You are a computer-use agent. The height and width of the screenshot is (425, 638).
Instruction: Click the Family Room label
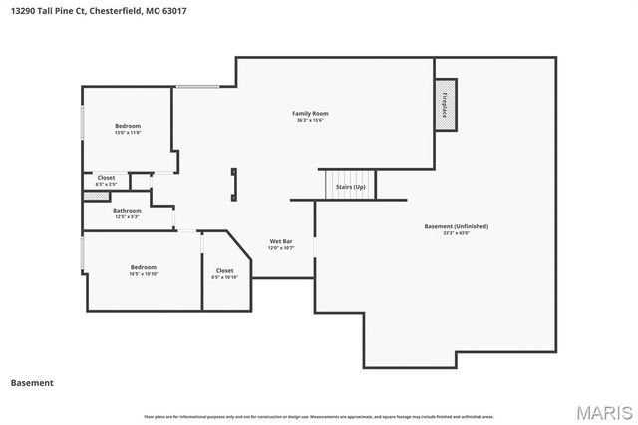tap(310, 114)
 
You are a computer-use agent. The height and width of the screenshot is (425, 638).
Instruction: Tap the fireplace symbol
tap(446, 103)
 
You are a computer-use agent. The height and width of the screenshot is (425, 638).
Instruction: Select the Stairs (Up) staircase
tap(350, 185)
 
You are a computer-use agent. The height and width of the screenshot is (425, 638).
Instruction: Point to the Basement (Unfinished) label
tap(456, 226)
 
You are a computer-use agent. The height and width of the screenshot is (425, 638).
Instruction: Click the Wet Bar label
tap(281, 241)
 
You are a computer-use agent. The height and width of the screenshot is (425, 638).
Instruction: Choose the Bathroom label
tap(127, 211)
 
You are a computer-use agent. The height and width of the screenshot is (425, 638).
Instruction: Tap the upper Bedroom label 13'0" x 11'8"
tap(128, 126)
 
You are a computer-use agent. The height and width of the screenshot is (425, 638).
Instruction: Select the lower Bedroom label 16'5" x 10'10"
tap(143, 267)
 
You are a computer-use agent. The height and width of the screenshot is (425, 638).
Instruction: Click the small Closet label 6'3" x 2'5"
tap(106, 178)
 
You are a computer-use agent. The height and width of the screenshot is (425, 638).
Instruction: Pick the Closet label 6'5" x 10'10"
tap(225, 270)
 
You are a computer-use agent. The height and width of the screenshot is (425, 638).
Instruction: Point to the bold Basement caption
tap(32, 383)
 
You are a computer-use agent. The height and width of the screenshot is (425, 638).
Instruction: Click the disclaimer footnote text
tap(319, 416)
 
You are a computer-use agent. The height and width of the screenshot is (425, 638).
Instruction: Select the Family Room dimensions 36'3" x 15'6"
tap(310, 120)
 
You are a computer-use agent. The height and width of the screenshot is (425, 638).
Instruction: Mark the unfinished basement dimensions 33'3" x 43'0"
tap(456, 233)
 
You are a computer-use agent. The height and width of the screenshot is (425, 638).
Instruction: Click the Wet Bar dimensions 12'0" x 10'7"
tap(281, 247)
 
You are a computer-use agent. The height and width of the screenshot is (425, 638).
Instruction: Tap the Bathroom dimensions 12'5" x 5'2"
tap(127, 216)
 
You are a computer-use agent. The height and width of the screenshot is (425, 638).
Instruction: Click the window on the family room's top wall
tap(197, 89)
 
